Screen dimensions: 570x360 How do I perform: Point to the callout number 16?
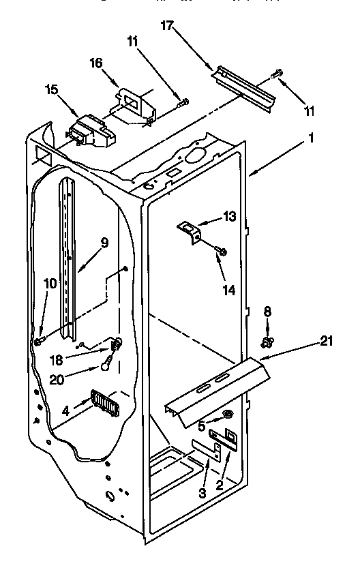96,63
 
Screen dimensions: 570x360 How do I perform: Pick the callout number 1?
312,137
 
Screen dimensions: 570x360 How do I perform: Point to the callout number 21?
327,341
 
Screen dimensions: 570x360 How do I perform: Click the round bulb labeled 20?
105,366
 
